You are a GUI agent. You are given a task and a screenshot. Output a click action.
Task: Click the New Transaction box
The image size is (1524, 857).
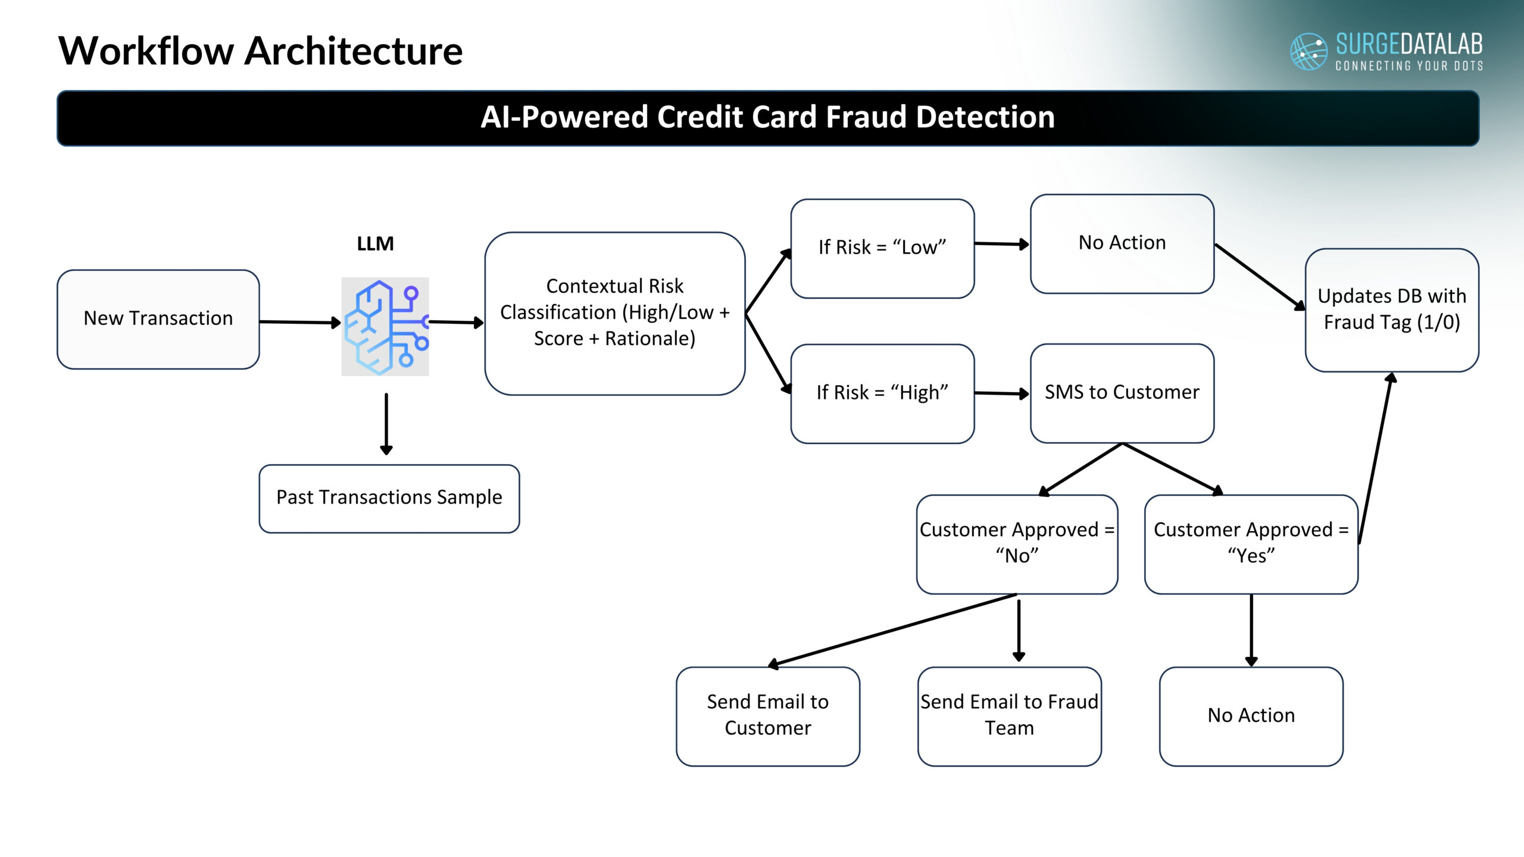point(158,319)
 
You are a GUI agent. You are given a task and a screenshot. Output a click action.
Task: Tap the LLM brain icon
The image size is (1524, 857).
point(385,326)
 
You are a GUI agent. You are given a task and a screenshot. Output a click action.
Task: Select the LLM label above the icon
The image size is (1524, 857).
point(375,243)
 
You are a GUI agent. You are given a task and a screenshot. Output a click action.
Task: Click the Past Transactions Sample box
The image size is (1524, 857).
point(389,498)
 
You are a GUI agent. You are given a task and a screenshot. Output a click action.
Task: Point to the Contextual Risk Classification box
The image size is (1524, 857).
point(614,313)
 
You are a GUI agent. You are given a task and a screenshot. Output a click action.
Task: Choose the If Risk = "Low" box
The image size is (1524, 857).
point(882,248)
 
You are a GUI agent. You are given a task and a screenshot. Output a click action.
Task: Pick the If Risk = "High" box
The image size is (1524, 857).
point(882,393)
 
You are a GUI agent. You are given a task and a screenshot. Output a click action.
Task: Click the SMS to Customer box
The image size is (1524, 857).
point(1122,393)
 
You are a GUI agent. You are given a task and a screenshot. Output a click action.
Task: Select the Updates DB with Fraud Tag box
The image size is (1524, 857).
point(1391,310)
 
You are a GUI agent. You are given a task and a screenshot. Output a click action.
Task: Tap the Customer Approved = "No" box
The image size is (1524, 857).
point(1017,544)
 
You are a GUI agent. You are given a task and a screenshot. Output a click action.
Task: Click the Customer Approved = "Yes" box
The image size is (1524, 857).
point(1251,544)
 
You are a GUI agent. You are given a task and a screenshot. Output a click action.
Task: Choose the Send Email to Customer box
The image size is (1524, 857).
point(767,716)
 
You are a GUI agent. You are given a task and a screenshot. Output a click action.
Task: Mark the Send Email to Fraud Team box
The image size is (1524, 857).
point(1009,716)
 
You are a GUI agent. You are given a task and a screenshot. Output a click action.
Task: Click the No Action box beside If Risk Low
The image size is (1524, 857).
point(1122,243)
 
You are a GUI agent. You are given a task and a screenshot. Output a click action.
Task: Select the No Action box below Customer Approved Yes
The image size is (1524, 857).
point(1251,716)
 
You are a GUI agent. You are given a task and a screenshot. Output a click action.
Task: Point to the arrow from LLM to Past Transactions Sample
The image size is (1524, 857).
point(386,424)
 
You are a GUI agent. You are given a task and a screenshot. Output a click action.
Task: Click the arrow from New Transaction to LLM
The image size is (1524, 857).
point(299,322)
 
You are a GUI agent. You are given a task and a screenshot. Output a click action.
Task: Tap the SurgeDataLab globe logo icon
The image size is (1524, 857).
point(1308,51)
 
